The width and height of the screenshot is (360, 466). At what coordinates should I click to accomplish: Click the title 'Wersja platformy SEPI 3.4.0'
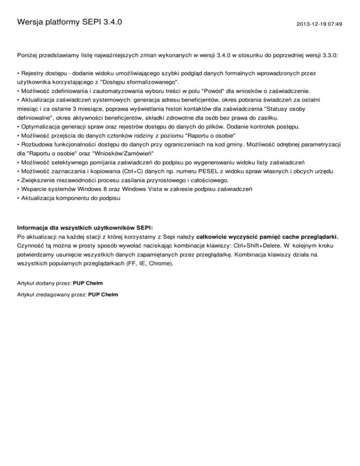point(69,22)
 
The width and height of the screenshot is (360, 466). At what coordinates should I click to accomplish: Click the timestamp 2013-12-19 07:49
point(319,23)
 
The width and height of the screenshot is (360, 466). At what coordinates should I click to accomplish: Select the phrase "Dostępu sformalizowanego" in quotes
point(138,81)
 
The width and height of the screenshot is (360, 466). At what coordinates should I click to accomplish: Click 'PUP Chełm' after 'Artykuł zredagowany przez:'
point(103,294)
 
